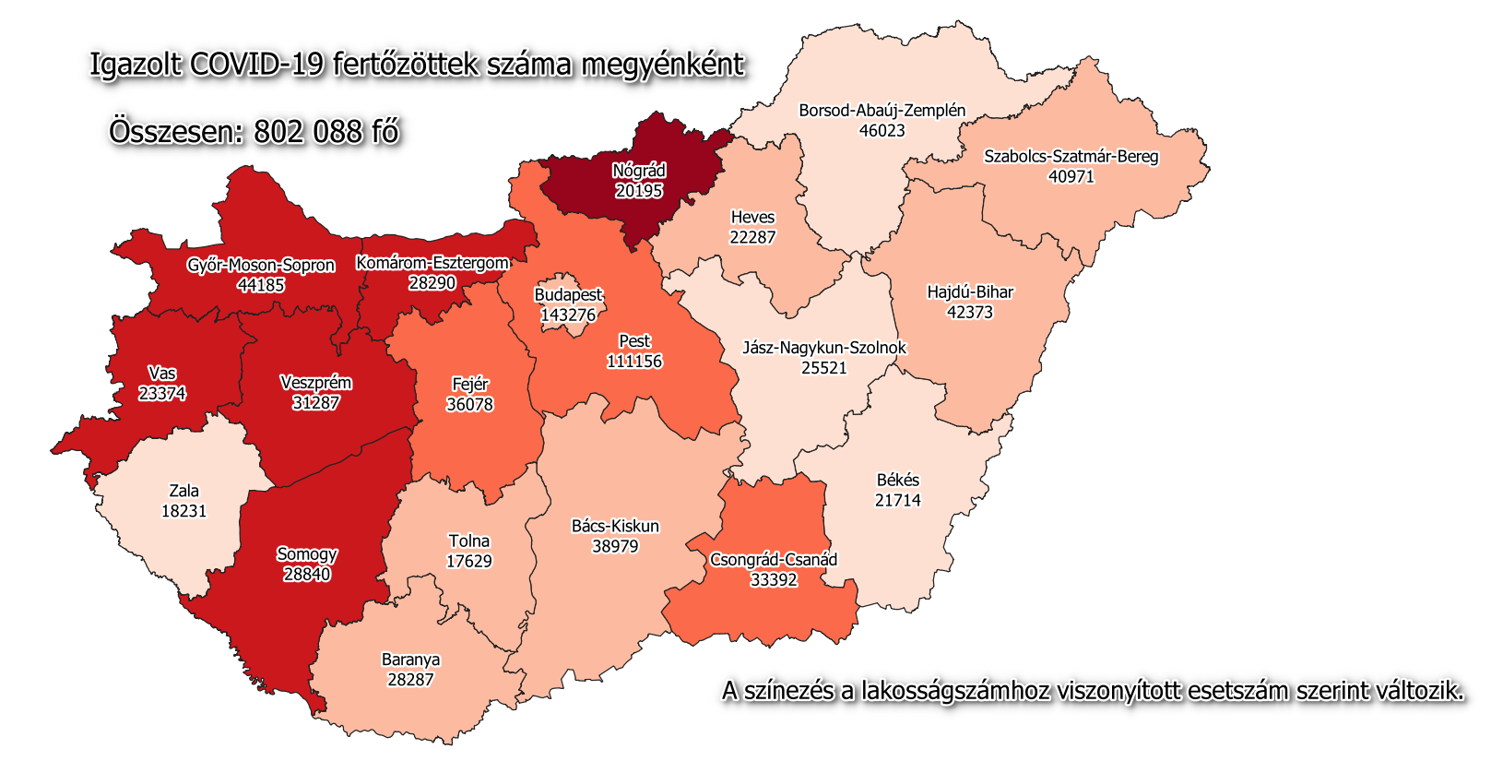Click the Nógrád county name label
coord(639,171)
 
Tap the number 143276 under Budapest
coord(568,315)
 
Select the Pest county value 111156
coord(634,362)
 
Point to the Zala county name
coord(183,491)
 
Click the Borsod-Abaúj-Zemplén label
coord(882,111)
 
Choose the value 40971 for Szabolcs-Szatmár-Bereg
coord(1071,176)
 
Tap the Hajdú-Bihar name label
coord(970,292)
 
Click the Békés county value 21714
coord(897,500)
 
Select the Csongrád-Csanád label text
coord(774,560)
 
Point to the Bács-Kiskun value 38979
coord(615,546)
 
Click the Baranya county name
coord(410,660)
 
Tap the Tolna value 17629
coord(468,561)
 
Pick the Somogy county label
coord(307,554)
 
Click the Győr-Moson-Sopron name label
coord(261,266)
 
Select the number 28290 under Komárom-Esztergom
coord(432,283)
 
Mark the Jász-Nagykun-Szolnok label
coord(824,348)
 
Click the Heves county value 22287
coord(752,237)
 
